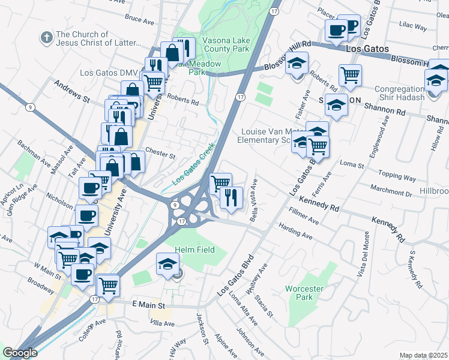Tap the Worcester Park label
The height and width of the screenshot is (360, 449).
pyautogui.click(x=304, y=293)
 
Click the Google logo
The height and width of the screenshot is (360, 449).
pyautogui.click(x=20, y=353)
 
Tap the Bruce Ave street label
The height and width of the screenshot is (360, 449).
pyautogui.click(x=140, y=20)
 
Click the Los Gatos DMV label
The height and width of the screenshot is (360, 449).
pyautogui.click(x=109, y=73)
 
